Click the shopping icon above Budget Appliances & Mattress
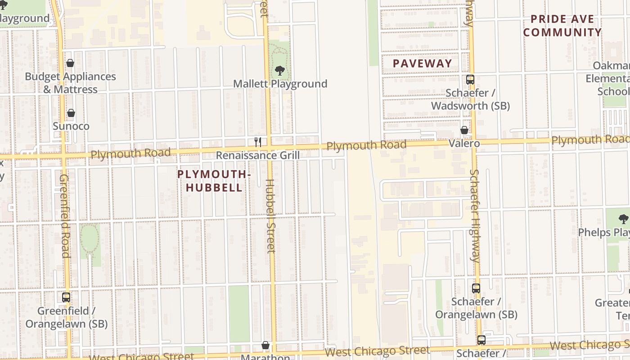70,63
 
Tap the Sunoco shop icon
71,113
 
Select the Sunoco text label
71,126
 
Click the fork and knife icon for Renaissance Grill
258,142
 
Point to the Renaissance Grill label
258,155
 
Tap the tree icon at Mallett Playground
279,71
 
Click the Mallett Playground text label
280,84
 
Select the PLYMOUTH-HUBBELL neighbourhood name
214,181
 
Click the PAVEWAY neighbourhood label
422,63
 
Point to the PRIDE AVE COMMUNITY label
562,26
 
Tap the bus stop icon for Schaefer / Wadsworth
470,80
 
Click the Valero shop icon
464,130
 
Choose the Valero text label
464,143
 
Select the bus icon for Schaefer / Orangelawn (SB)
476,288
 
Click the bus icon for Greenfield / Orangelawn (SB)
66,297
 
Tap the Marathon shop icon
265,345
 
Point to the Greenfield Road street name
64,216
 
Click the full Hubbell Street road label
270,216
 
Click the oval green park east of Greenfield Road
90,238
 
